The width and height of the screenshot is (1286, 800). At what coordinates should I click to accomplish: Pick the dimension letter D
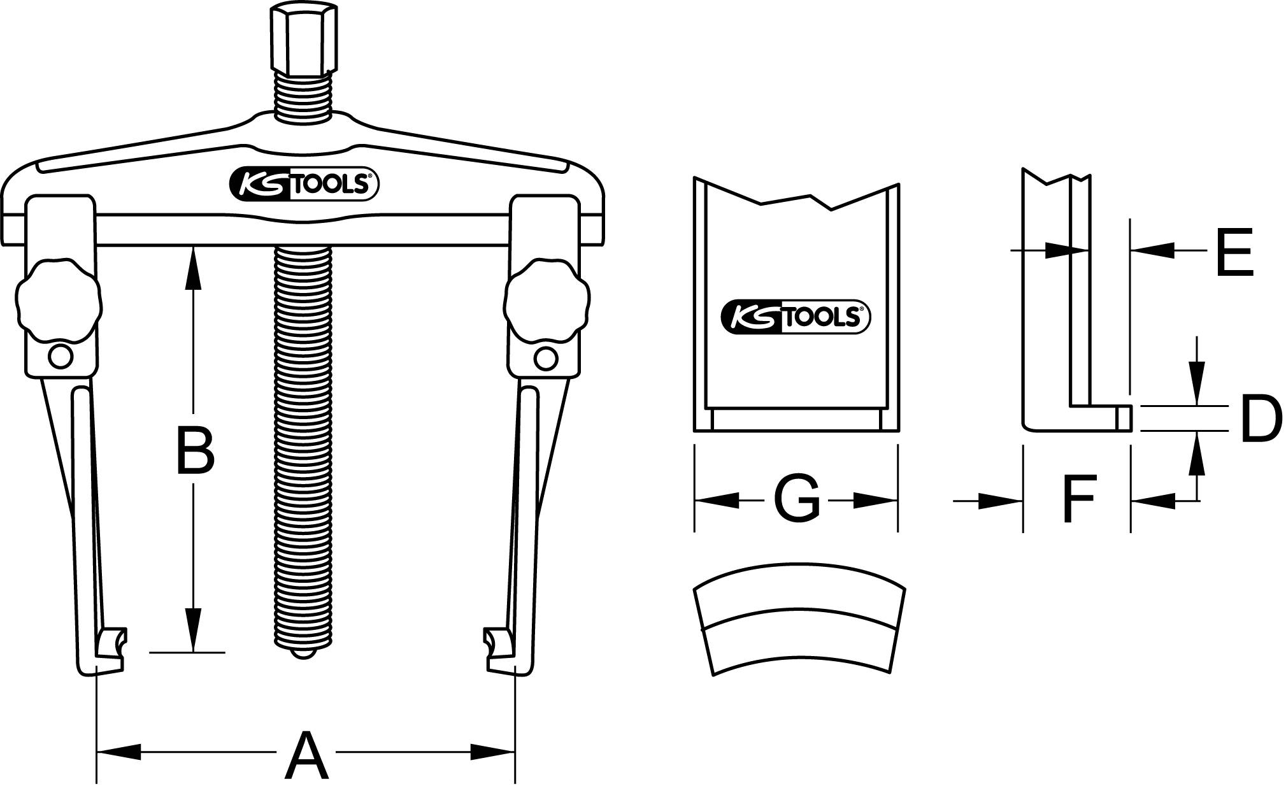click(1261, 418)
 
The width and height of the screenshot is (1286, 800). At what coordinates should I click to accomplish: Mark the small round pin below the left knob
click(60, 357)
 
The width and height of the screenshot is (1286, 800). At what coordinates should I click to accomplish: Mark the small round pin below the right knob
click(546, 357)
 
